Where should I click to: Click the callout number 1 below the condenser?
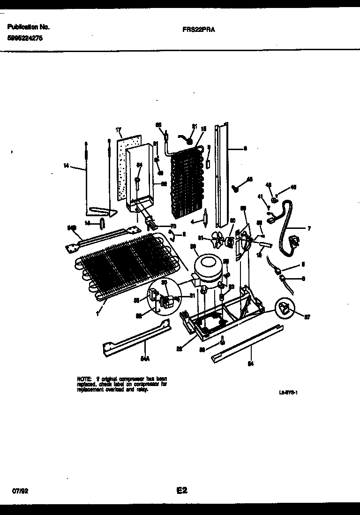click(97, 313)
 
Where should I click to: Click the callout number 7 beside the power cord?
click(309, 228)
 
